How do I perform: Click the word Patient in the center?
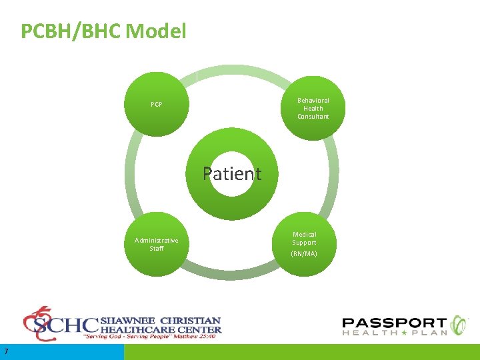232,174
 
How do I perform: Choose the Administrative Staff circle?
157,244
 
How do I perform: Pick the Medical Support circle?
305,244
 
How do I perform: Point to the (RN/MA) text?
305,254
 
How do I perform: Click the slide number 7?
5,351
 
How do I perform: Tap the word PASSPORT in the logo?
395,323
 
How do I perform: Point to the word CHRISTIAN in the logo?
190,319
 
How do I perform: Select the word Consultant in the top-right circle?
313,117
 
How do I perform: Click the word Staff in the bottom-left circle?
157,249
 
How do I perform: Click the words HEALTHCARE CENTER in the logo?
160,329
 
